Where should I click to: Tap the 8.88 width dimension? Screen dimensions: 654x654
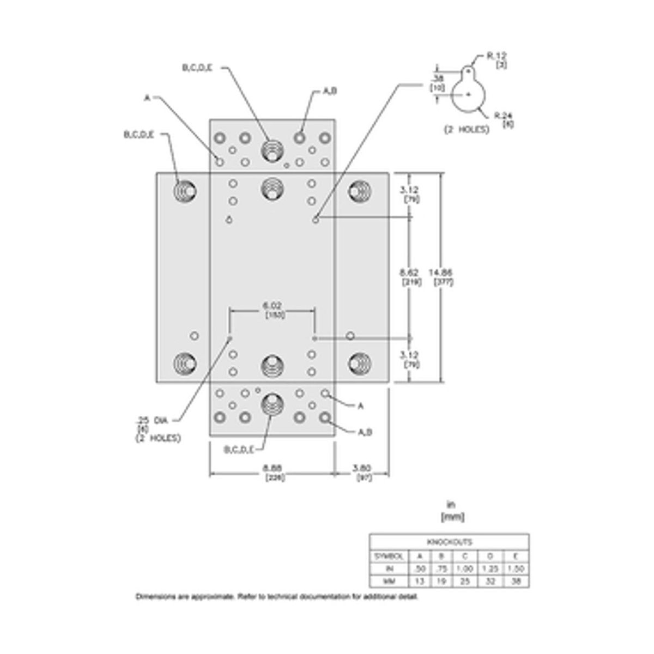pos(272,467)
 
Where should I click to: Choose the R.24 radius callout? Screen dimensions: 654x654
pos(502,115)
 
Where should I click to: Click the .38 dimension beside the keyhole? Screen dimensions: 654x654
pos(439,77)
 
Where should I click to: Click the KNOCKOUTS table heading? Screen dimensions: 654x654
pos(449,542)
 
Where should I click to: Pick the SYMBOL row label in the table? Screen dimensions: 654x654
pos(388,556)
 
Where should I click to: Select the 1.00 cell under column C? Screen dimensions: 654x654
pos(465,569)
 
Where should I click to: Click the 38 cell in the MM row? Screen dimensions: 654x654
pos(516,582)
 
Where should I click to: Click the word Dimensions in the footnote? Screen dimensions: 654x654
pos(154,597)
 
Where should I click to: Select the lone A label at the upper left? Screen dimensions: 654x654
pos(147,98)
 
